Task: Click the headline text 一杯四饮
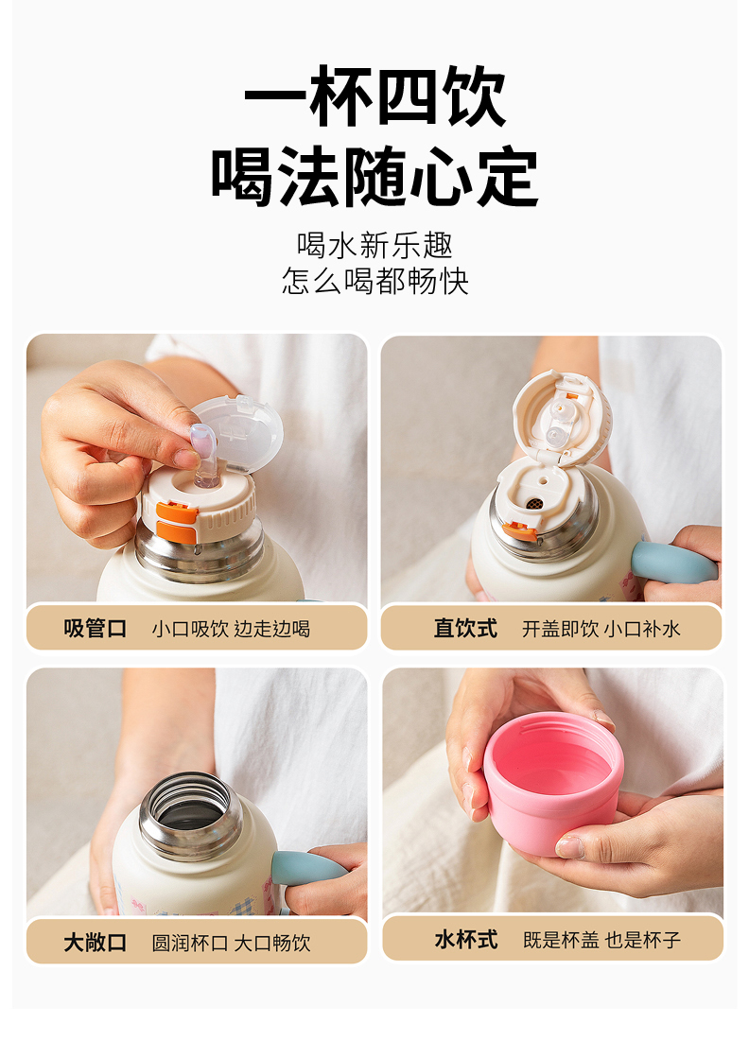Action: (374, 96)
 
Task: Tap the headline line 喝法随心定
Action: (374, 177)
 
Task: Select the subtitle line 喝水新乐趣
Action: (374, 245)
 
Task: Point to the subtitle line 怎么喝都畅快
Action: (374, 281)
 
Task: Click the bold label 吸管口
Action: (96, 628)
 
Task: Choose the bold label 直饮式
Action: (465, 628)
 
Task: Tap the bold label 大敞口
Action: (96, 942)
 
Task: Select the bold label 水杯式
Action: (466, 939)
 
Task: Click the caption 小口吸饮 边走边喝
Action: (231, 629)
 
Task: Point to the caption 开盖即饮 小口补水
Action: (601, 629)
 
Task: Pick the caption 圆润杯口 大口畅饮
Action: (231, 943)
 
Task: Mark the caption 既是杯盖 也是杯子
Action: (601, 940)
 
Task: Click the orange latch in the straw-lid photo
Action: (177, 521)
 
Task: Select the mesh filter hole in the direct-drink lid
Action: (533, 503)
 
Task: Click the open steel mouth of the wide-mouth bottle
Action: (190, 814)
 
